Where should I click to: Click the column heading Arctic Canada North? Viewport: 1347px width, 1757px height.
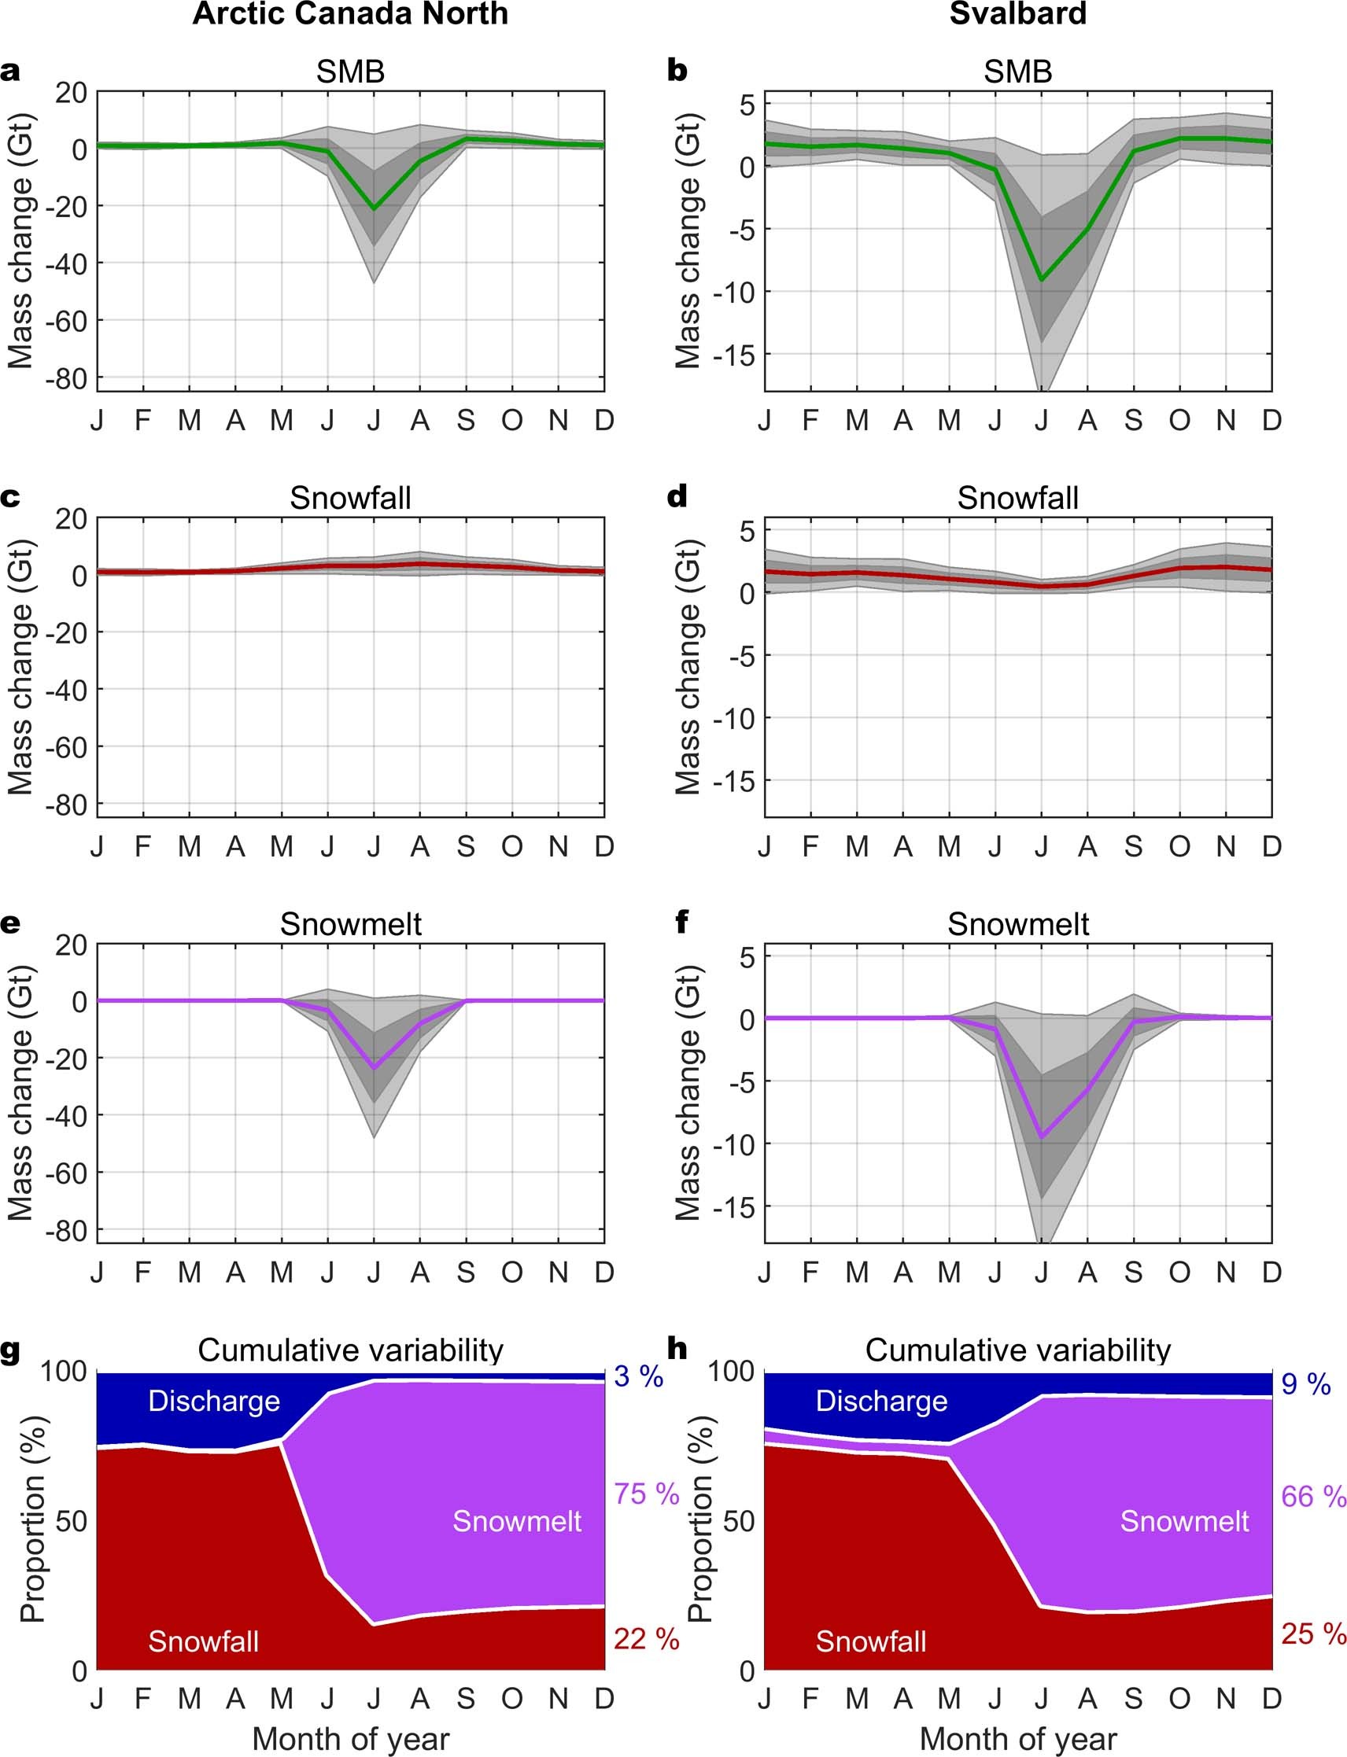coord(349,13)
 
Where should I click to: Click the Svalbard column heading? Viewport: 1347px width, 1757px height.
coord(1017,13)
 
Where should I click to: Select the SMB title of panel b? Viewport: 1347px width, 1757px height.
coord(1017,72)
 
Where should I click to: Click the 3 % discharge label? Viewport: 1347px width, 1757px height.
coord(638,1376)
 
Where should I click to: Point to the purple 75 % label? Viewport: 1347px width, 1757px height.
coord(646,1494)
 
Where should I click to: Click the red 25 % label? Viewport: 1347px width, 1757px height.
coord(1312,1634)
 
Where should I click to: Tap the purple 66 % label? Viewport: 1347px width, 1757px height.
coord(1312,1496)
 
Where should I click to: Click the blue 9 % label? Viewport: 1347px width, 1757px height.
coord(1305,1384)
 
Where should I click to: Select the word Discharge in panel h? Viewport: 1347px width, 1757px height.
coord(881,1401)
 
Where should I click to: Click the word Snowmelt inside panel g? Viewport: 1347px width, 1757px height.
coord(517,1521)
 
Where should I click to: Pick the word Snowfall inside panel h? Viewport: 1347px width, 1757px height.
coord(871,1641)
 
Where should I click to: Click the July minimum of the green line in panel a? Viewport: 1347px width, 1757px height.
coord(374,209)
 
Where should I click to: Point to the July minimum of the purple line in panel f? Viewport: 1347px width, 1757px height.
coord(1042,1136)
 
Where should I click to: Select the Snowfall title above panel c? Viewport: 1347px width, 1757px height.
coord(349,499)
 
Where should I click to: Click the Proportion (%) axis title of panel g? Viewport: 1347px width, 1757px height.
coord(32,1519)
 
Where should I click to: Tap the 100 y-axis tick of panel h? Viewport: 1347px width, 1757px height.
coord(730,1372)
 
